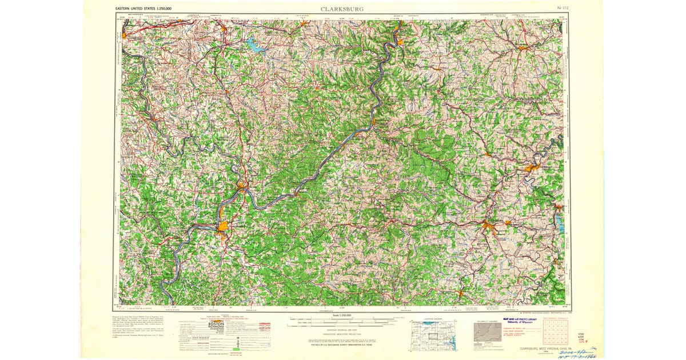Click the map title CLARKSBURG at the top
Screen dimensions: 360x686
(342, 9)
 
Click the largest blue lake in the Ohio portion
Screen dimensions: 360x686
(256, 44)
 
